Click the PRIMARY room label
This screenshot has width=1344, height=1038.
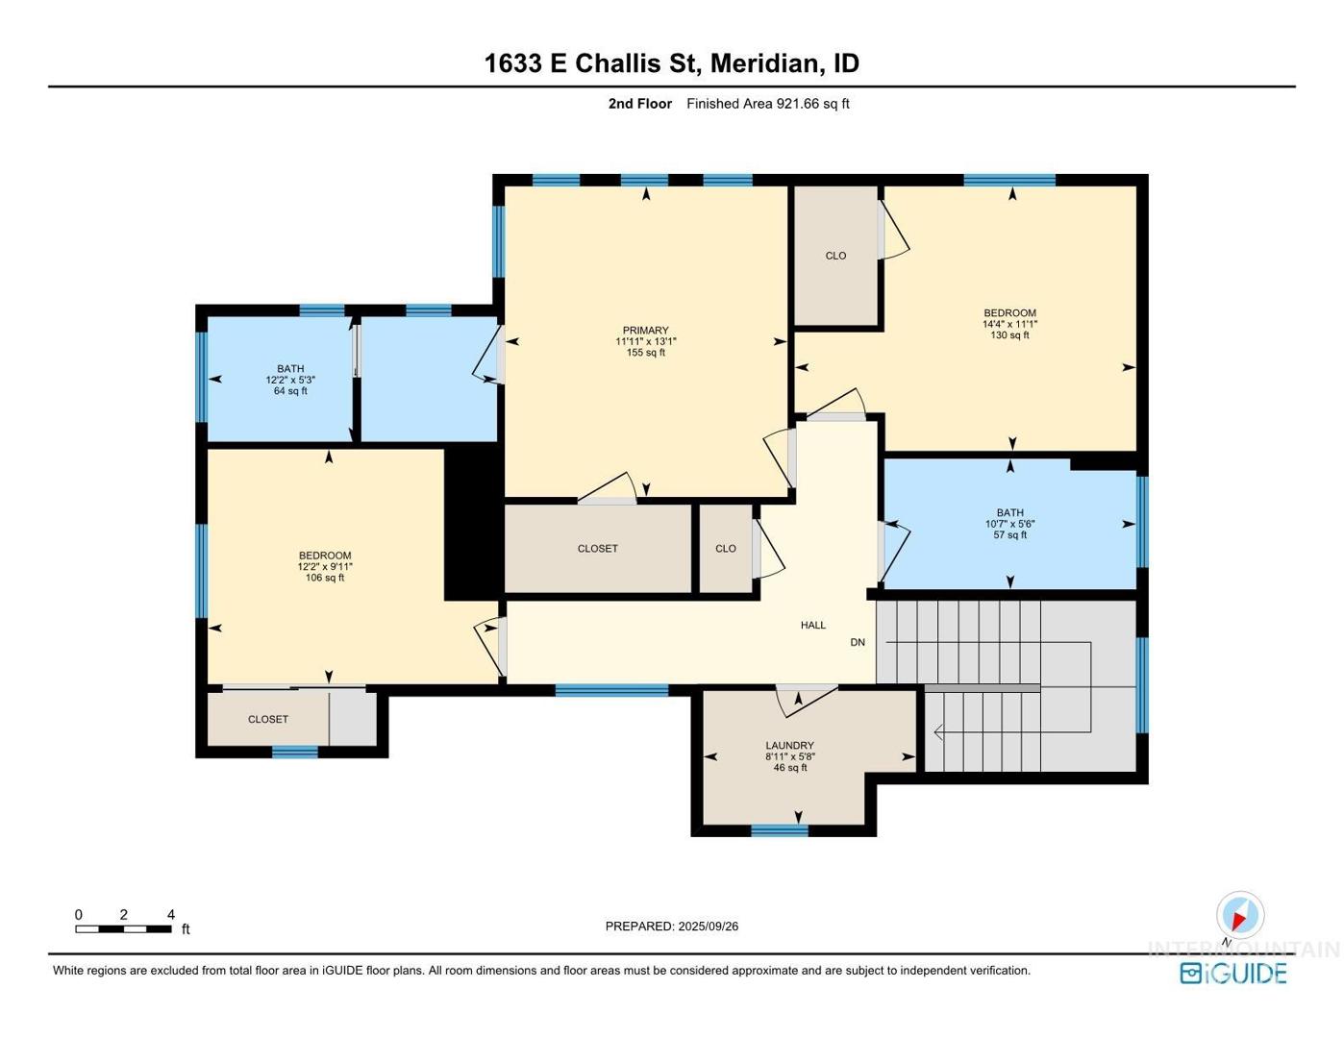(645, 330)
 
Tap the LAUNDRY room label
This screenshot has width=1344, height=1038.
(789, 746)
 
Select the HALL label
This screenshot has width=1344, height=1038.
(812, 625)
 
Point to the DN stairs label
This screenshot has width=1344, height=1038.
(858, 642)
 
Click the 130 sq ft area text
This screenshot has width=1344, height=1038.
(1009, 335)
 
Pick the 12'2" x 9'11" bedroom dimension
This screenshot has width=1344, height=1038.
(325, 566)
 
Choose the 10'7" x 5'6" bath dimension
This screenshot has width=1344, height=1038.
(1010, 524)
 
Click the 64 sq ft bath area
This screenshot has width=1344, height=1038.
(290, 391)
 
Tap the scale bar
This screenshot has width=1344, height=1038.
(123, 928)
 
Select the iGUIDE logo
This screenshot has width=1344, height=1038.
(1232, 973)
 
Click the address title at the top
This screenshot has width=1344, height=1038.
(672, 63)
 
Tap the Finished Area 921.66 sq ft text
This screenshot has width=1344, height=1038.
(767, 104)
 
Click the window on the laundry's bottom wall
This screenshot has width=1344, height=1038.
(780, 830)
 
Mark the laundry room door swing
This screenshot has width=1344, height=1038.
(807, 701)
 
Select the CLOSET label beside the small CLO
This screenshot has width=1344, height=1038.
(597, 549)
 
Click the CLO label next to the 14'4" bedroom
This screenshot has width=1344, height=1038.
(835, 256)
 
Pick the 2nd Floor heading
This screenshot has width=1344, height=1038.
(639, 104)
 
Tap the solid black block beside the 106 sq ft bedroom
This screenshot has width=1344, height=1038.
(473, 523)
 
